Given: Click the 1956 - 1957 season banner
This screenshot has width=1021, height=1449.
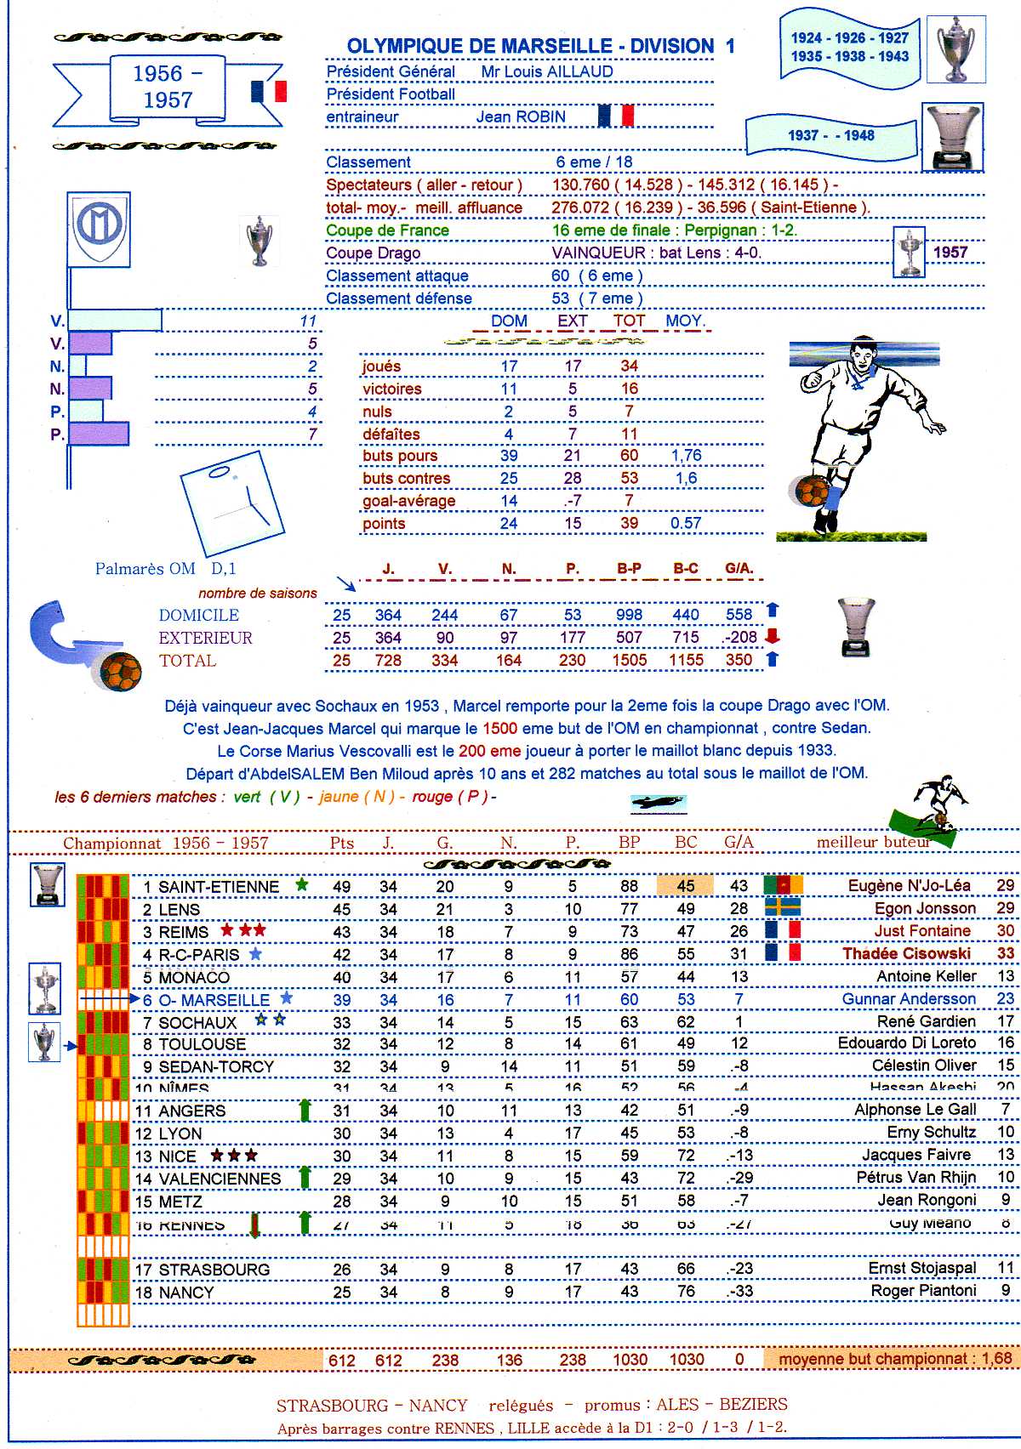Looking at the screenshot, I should [x=168, y=87].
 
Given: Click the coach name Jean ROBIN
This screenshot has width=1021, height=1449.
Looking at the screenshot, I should [x=521, y=117].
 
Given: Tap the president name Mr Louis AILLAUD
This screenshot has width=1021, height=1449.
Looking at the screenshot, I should [x=547, y=71].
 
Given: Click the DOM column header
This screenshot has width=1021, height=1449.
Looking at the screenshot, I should [x=509, y=321].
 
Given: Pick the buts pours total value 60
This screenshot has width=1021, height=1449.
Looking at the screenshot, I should [x=629, y=456].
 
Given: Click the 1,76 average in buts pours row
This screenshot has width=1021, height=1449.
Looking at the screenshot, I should [x=686, y=456].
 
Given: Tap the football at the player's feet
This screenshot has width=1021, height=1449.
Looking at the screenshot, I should [x=812, y=491].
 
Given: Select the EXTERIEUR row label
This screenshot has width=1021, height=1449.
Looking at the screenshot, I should [x=205, y=638].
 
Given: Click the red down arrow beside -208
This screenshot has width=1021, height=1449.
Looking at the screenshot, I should [x=773, y=636].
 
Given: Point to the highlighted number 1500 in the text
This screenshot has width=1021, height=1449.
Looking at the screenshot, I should [x=499, y=729].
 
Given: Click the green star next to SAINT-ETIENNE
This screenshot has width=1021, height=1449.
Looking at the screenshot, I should [x=301, y=885].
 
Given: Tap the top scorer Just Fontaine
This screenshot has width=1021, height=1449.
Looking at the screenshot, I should [x=922, y=931].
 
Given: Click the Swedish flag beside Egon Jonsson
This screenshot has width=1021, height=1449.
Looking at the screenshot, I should [x=783, y=907].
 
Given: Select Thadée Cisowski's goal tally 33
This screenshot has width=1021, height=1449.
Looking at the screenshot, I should [x=1006, y=954].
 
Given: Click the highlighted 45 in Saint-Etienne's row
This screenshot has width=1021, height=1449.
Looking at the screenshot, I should [x=686, y=886].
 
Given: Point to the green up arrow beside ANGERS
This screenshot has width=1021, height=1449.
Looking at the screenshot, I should [x=305, y=1110].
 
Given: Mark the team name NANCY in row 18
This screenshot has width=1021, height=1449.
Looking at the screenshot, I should [x=186, y=1293].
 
